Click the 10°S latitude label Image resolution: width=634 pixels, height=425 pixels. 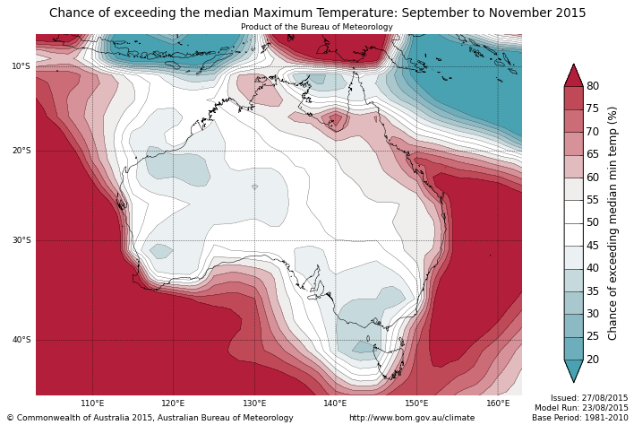pos(21,66)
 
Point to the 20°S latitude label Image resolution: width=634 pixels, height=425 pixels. pos(21,151)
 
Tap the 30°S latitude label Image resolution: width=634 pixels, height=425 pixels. pos(21,240)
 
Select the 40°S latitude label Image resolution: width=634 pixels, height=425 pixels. pos(21,340)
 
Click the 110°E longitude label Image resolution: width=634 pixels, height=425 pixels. pos(92,403)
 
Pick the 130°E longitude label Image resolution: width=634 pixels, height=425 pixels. pos(254,403)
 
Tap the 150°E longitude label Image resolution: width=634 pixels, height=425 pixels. pos(416,403)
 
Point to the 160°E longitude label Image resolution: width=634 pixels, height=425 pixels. pos(498,403)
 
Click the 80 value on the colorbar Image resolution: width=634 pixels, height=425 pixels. pos(593,86)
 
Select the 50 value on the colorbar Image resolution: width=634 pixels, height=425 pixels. pos(593,222)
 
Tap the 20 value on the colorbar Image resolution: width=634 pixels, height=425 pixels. pos(593,360)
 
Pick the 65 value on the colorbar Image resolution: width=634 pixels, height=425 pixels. pos(593,154)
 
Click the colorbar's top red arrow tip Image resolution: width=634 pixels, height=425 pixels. pos(573,65)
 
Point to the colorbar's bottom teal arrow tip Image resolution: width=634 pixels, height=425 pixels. pos(573,381)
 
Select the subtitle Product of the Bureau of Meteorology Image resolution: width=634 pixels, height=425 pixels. pos(317,27)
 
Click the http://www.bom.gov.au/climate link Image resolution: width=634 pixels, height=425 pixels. pos(412,418)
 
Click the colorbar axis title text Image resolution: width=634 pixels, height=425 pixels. pos(613,222)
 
